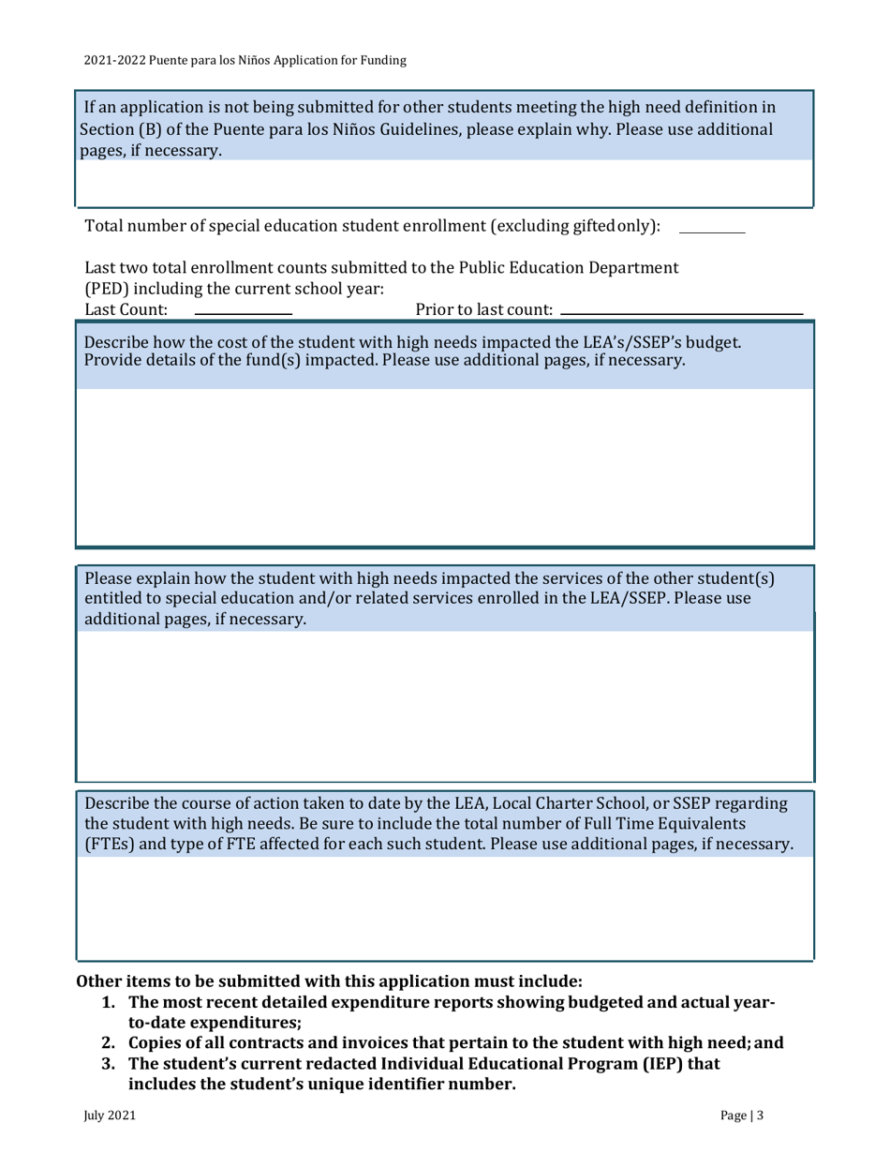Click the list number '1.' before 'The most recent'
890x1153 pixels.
click(111, 1004)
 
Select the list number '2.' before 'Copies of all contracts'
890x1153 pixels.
click(111, 1043)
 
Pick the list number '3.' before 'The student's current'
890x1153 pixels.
click(111, 1065)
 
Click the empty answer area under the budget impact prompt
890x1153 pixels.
click(444, 464)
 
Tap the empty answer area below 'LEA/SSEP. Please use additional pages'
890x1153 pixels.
click(444, 703)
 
